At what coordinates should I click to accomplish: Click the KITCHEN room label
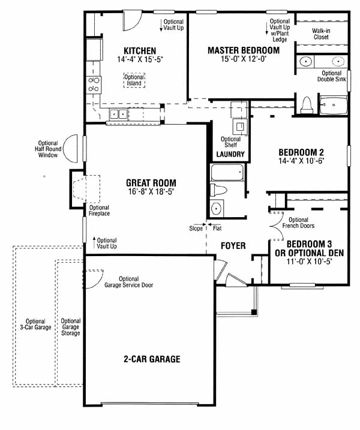pyautogui.click(x=140, y=51)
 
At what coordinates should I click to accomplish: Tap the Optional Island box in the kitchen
pyautogui.click(x=134, y=80)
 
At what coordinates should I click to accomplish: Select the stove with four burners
pyautogui.click(x=94, y=85)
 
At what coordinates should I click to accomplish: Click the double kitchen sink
pyautogui.click(x=119, y=114)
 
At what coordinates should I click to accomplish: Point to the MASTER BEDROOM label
pyautogui.click(x=244, y=50)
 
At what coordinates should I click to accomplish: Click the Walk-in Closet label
pyautogui.click(x=321, y=34)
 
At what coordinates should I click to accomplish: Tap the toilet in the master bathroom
pyautogui.click(x=307, y=105)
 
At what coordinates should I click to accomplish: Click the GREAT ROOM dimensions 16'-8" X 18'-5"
pyautogui.click(x=151, y=191)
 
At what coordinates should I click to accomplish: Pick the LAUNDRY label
pyautogui.click(x=230, y=154)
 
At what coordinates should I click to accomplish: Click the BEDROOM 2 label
pyautogui.click(x=301, y=152)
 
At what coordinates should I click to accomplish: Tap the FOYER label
pyautogui.click(x=233, y=246)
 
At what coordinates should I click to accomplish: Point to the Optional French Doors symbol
pyautogui.click(x=277, y=226)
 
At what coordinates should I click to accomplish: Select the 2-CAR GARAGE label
pyautogui.click(x=152, y=359)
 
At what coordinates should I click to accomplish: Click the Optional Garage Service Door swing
pyautogui.click(x=94, y=279)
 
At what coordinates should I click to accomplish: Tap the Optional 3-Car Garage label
pyautogui.click(x=35, y=324)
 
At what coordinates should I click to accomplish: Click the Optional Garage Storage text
pyautogui.click(x=71, y=327)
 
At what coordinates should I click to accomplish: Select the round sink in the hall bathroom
pyautogui.click(x=216, y=209)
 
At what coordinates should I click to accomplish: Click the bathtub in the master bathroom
pyautogui.click(x=334, y=105)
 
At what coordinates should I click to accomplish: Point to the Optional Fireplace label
pyautogui.click(x=99, y=211)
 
